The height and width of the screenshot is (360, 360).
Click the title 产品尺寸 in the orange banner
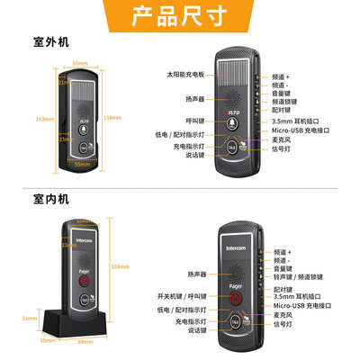pyautogui.click(x=180, y=15)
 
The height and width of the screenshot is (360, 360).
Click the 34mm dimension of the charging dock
pyautogui.click(x=28, y=318)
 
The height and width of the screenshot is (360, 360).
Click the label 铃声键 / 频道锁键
pyautogui.click(x=293, y=278)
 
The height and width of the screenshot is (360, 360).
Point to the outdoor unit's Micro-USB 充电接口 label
pyautogui.click(x=299, y=131)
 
